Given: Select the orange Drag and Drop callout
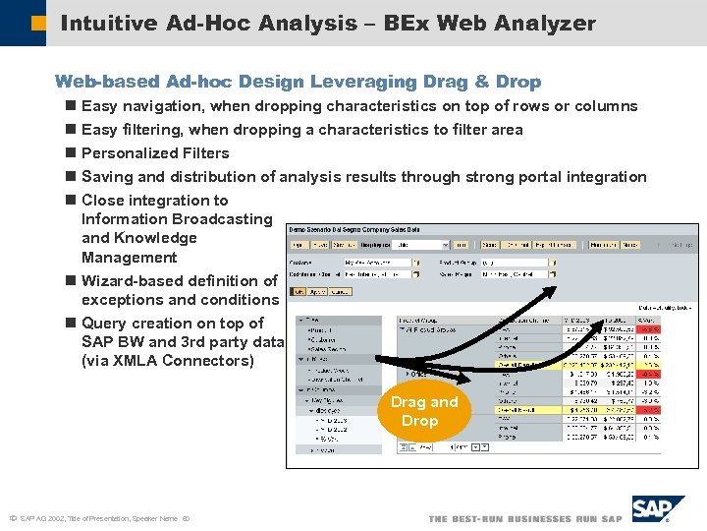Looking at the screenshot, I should pos(424,411).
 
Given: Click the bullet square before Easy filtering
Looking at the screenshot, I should pos(70,130).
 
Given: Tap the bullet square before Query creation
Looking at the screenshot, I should pos(70,324).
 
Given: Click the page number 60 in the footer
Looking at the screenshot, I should pos(186,518).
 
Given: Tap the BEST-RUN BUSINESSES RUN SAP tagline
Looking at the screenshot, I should pos(525,518).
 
